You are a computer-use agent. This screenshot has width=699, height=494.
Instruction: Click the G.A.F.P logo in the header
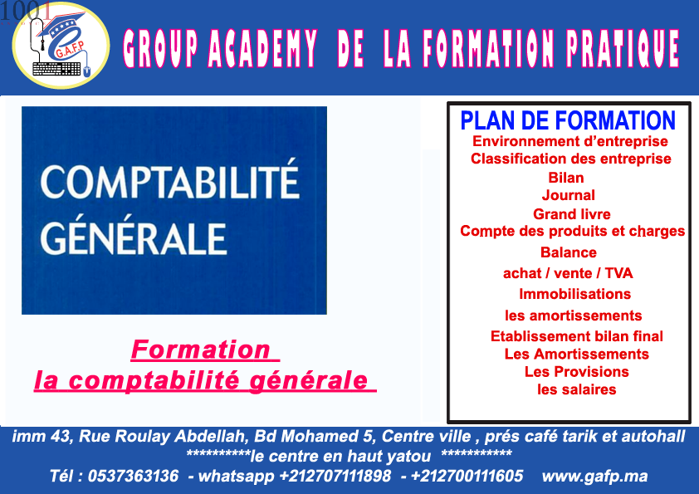point(61,46)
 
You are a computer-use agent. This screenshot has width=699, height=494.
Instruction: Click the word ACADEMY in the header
point(262,49)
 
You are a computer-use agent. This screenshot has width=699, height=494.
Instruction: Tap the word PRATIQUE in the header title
point(623,49)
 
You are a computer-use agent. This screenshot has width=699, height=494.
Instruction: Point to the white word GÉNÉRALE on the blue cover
point(134,237)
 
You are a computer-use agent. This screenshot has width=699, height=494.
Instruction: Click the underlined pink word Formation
point(201,350)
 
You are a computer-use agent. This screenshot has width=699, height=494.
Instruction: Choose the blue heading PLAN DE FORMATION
point(568,120)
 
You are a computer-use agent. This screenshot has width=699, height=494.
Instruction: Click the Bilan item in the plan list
point(565,178)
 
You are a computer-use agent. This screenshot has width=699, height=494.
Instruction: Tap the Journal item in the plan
point(569,195)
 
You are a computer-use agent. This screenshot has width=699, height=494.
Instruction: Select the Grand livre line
point(571,214)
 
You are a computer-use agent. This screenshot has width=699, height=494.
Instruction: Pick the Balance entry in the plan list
point(569,252)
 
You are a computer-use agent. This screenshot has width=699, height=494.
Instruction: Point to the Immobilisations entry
point(574,294)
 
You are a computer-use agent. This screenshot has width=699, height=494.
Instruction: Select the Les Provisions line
point(576,371)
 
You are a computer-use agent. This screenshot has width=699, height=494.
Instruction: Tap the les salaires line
point(576,389)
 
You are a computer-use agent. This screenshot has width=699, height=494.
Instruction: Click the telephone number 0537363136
point(134,476)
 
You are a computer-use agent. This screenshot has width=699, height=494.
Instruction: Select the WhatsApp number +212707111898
point(335,476)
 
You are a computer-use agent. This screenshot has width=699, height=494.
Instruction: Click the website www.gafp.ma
point(594,477)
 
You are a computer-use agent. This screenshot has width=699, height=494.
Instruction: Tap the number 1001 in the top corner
point(26,12)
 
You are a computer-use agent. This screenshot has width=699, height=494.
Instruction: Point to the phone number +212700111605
point(467,476)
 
